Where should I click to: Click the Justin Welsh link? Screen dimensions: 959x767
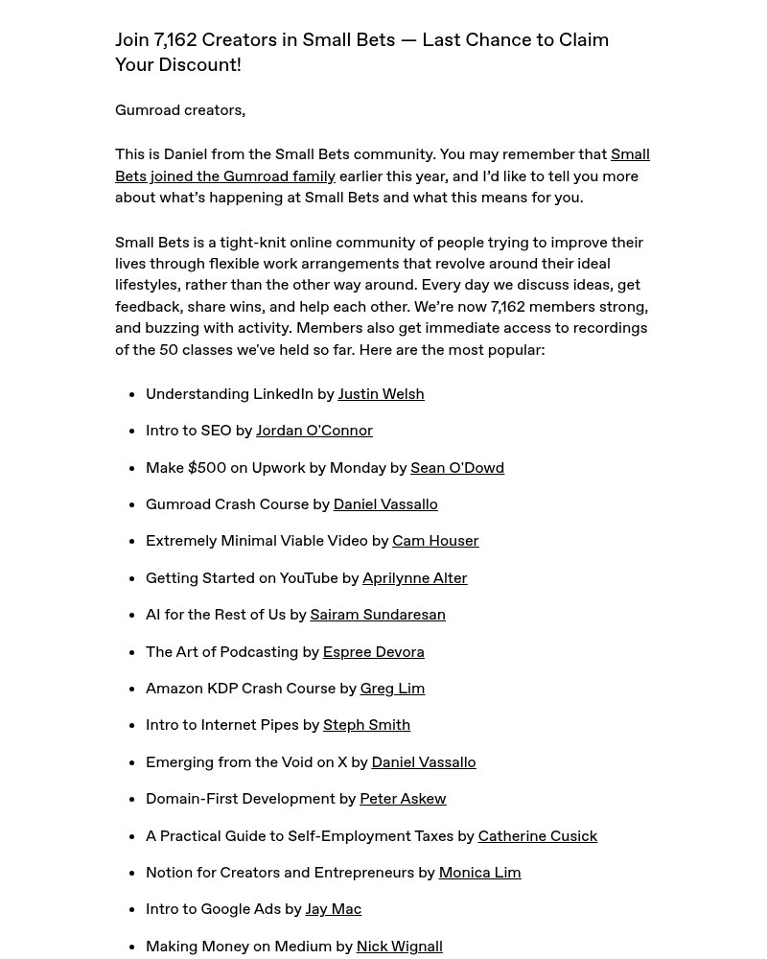pyautogui.click(x=381, y=394)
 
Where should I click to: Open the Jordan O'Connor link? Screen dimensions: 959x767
pyautogui.click(x=314, y=431)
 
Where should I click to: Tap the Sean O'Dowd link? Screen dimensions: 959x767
pyautogui.click(x=456, y=468)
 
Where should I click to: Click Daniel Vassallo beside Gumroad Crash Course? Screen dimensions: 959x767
pyautogui.click(x=384, y=504)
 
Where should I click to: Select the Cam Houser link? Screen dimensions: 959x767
pyautogui.click(x=435, y=541)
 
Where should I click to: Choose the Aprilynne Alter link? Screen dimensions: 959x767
pyautogui.click(x=414, y=578)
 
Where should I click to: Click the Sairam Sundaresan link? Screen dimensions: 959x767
pyautogui.click(x=377, y=615)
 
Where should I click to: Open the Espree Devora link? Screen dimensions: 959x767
pyautogui.click(x=373, y=652)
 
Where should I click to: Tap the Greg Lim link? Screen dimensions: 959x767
pyautogui.click(x=392, y=689)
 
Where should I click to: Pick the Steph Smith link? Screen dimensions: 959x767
pyautogui.click(x=366, y=725)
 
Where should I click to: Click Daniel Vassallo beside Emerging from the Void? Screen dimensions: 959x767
pyautogui.click(x=423, y=762)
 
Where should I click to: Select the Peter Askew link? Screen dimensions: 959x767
pyautogui.click(x=403, y=799)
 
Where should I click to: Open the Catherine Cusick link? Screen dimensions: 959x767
pyautogui.click(x=537, y=836)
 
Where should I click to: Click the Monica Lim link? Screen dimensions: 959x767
pyautogui.click(x=479, y=873)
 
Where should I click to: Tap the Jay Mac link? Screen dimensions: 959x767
pyautogui.click(x=333, y=909)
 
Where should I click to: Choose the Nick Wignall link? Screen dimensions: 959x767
pyautogui.click(x=399, y=947)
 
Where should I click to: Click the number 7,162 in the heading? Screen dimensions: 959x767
pyautogui.click(x=175, y=40)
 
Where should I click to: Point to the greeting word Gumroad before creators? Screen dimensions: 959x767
pyautogui.click(x=147, y=110)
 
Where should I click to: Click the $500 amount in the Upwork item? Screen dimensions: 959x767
pyautogui.click(x=207, y=468)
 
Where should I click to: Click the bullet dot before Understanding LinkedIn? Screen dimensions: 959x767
pyautogui.click(x=129, y=394)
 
